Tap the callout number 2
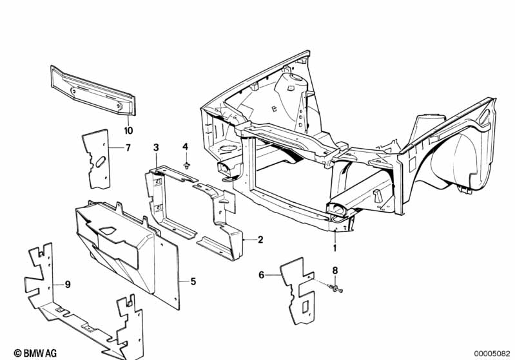pyautogui.click(x=260, y=240)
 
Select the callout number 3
pyautogui.click(x=155, y=149)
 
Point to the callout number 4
pyautogui.click(x=185, y=147)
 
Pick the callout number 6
pyautogui.click(x=262, y=274)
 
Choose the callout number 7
pyautogui.click(x=128, y=148)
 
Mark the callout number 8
pyautogui.click(x=335, y=270)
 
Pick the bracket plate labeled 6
pyautogui.click(x=298, y=290)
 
